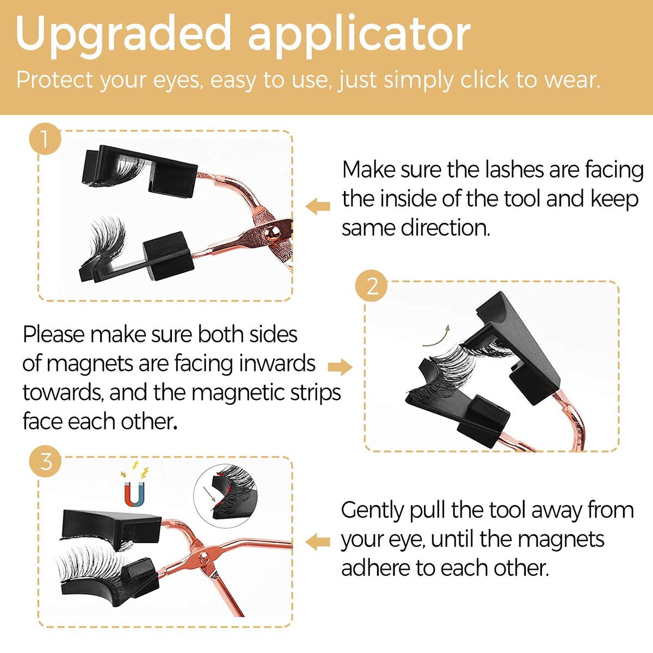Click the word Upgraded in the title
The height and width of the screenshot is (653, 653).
pos(123,36)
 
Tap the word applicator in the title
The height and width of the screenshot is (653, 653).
pos(360,36)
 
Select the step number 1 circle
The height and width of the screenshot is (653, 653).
pos(45,139)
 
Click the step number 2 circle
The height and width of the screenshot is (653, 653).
pos(372,286)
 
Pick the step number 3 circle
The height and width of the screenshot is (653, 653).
pos(45,461)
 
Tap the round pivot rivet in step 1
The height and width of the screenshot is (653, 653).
pos(272,233)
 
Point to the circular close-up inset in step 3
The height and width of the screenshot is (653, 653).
pos(225,496)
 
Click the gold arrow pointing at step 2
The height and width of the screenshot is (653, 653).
pos(340,367)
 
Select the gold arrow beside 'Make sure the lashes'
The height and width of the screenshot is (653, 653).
pos(318,206)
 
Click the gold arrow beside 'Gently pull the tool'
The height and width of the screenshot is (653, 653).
pos(318,542)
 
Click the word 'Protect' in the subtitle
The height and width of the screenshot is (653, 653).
pos(54,80)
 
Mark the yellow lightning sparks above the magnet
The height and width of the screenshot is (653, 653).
pos(135,469)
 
